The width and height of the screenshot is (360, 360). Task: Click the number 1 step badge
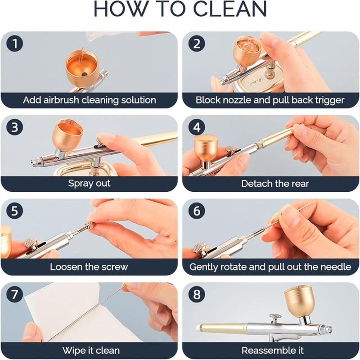point(15,44)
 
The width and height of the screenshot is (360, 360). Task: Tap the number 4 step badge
point(197,127)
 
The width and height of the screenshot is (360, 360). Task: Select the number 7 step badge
point(15,294)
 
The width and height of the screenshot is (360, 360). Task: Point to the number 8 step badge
point(197,294)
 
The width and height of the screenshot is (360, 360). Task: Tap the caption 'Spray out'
point(89,184)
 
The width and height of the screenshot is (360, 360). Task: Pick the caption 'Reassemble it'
point(273,351)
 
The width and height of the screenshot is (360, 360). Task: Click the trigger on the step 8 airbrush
point(275,318)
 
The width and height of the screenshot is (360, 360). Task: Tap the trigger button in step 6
point(198,247)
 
